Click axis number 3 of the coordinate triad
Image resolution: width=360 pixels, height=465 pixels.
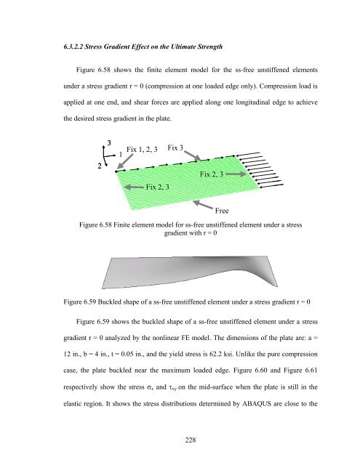coord(108,142)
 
